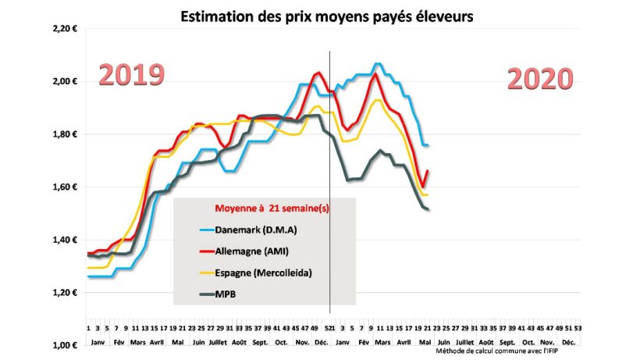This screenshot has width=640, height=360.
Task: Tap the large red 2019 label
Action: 130,75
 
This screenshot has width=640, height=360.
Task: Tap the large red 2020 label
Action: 540,79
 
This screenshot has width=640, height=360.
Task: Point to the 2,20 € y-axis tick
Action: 65,28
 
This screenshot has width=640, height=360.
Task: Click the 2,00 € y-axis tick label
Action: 65,81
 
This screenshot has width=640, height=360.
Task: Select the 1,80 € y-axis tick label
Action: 65,134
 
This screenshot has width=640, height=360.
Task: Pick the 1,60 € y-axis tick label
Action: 65,187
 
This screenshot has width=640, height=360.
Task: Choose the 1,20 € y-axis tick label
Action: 65,293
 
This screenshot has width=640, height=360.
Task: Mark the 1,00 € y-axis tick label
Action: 65,345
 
